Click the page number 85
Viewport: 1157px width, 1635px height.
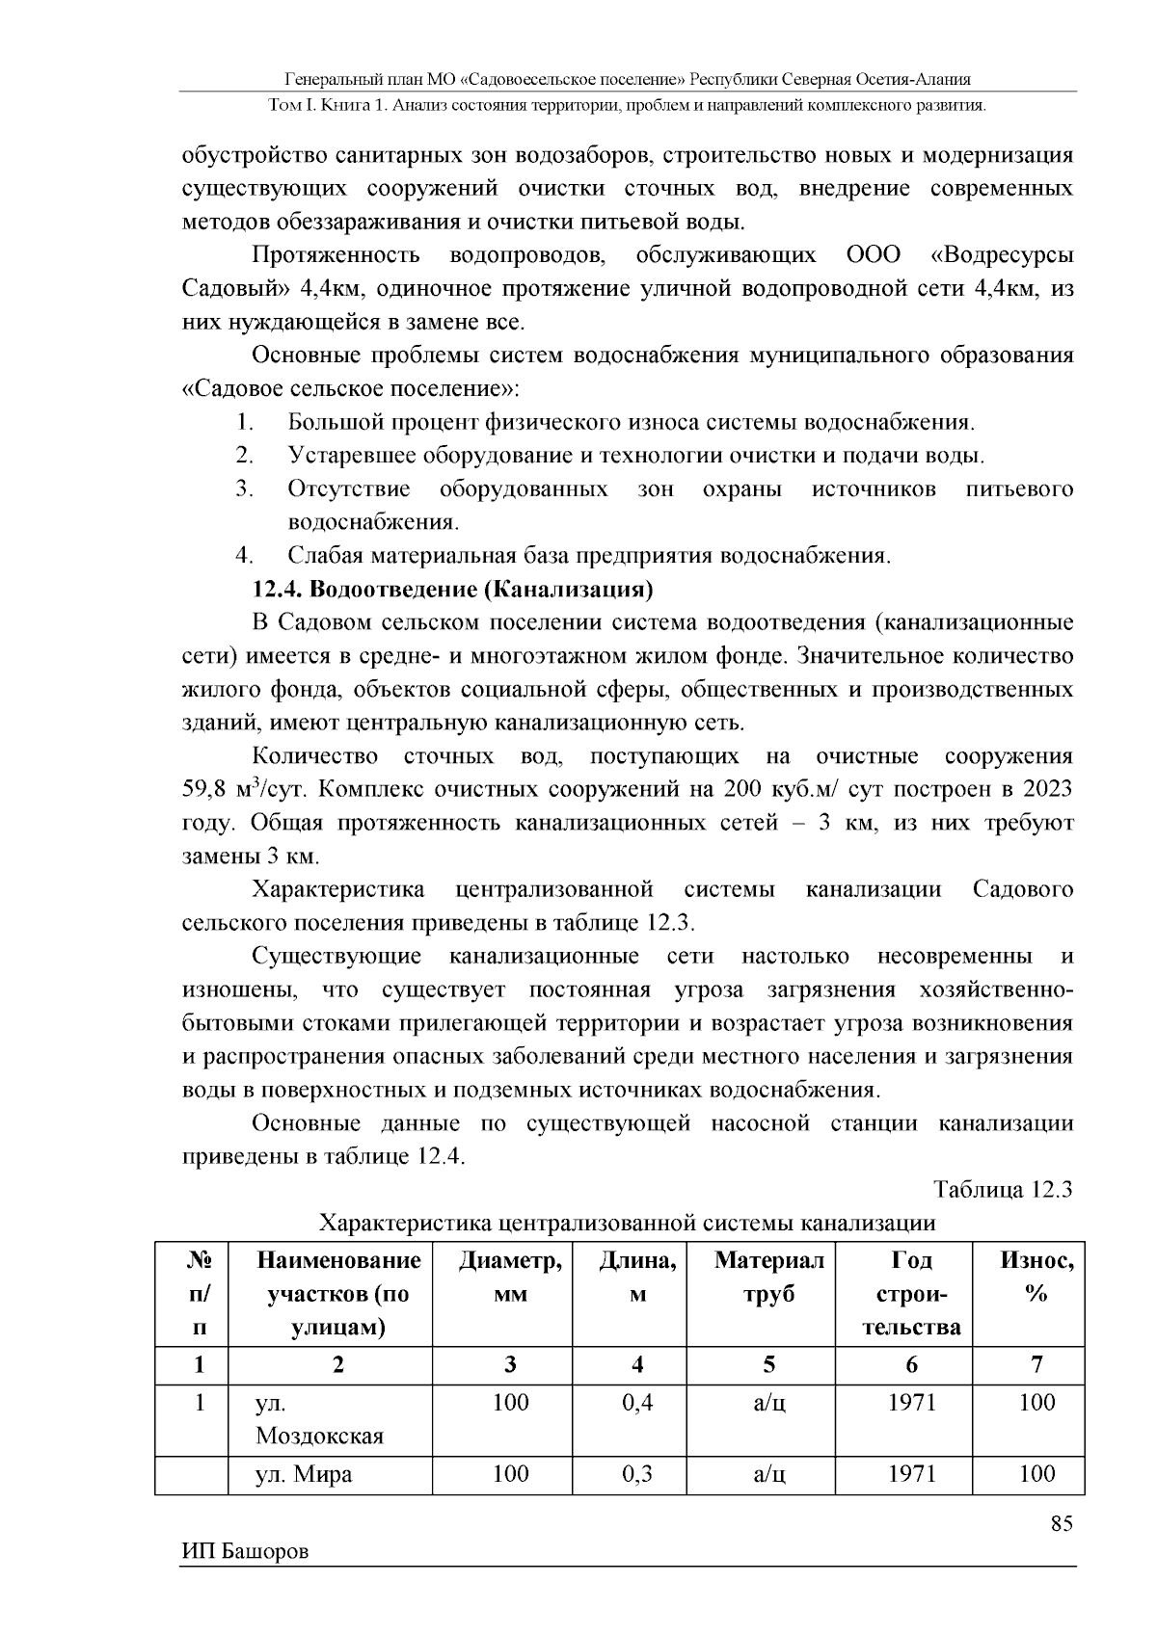[1061, 1523]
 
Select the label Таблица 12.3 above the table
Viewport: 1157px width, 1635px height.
[1002, 1189]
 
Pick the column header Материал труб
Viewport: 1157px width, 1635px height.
[768, 1278]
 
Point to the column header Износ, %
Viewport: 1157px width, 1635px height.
[1036, 1278]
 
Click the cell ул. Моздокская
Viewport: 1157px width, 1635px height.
[319, 1419]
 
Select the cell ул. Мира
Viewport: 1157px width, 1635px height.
[304, 1473]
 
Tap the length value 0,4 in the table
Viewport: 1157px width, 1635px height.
[637, 1402]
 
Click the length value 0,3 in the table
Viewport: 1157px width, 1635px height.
[637, 1473]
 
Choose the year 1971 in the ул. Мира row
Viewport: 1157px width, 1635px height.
[911, 1473]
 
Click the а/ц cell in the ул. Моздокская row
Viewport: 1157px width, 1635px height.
[768, 1402]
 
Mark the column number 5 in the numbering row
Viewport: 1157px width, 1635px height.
[768, 1364]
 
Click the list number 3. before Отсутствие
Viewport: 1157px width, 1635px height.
[244, 488]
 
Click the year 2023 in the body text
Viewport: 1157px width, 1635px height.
[1046, 789]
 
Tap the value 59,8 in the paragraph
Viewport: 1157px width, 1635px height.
[203, 790]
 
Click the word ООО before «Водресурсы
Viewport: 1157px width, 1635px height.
[873, 255]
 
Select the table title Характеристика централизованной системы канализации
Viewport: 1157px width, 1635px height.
[627, 1223]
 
